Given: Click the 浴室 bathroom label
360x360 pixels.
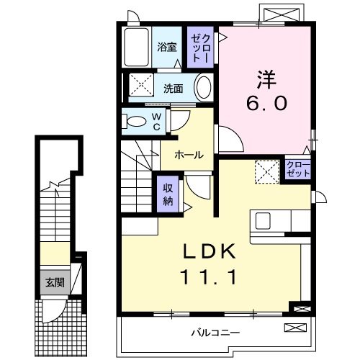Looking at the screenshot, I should point(167,48).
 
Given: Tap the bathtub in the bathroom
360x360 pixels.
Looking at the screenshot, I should point(135,48).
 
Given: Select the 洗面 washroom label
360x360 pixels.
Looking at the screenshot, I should point(172,89).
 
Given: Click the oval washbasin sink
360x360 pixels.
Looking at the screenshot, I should point(204,88).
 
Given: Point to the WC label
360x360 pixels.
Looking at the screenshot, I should point(156,122).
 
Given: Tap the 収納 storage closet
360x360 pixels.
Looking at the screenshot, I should point(168,192).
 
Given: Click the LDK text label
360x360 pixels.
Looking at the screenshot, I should point(210,251).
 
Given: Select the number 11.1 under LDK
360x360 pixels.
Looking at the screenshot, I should point(210,276).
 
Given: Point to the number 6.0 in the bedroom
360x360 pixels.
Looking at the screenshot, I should point(269,103).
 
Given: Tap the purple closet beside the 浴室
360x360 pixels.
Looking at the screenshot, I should point(199,48).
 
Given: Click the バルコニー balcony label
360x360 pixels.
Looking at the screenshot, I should point(215,332).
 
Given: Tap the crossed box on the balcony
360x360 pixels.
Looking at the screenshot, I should point(294,328).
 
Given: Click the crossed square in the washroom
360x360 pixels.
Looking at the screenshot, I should point(141,86).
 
